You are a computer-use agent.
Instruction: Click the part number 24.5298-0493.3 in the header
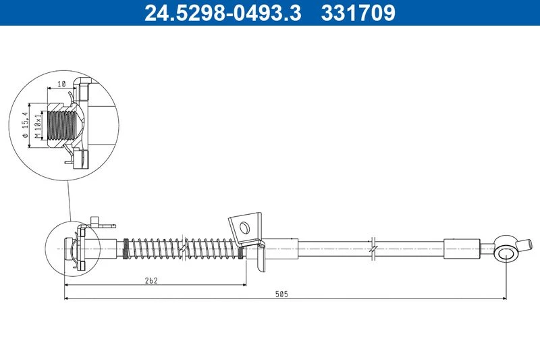pyautogui.click(x=223, y=13)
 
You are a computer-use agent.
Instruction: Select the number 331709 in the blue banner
pyautogui.click(x=358, y=13)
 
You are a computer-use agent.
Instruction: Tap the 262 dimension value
pyautogui.click(x=151, y=280)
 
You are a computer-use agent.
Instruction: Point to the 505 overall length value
pyautogui.click(x=281, y=294)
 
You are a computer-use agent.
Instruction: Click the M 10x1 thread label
pyautogui.click(x=38, y=126)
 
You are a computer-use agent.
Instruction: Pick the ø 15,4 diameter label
pyautogui.click(x=25, y=125)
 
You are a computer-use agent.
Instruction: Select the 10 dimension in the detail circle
pyautogui.click(x=61, y=84)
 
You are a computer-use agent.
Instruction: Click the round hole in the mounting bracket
pyautogui.click(x=244, y=228)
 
